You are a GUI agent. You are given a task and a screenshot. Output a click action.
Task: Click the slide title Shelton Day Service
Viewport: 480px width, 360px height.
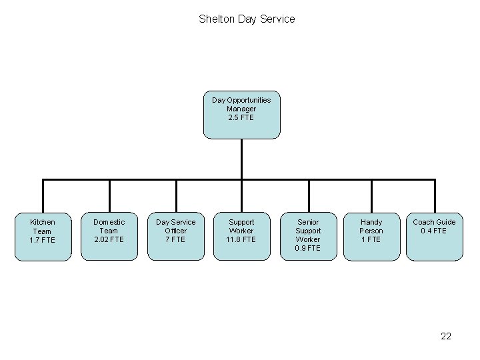click(x=247, y=19)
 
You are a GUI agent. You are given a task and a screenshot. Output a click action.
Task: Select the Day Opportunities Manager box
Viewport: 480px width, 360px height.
click(x=241, y=115)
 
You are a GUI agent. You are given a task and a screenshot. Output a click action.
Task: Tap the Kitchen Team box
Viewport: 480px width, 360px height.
click(x=43, y=236)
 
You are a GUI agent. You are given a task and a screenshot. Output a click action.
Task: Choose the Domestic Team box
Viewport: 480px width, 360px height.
click(x=109, y=236)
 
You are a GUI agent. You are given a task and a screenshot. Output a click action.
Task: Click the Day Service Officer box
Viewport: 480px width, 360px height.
click(x=175, y=236)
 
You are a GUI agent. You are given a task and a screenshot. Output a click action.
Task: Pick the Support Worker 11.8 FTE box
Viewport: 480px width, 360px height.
click(x=241, y=236)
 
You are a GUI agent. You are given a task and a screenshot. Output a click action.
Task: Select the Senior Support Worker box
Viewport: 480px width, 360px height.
click(x=308, y=236)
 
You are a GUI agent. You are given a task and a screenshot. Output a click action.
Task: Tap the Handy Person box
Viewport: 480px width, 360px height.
click(x=371, y=236)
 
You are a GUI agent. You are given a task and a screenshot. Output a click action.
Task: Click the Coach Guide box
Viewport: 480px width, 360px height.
click(x=434, y=236)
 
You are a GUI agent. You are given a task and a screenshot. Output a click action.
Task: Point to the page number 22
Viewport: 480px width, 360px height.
click(x=446, y=336)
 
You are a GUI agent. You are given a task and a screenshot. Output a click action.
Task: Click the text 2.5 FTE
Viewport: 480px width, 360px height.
click(x=241, y=118)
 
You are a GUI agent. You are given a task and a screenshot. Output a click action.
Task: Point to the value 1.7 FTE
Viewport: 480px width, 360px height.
click(x=43, y=240)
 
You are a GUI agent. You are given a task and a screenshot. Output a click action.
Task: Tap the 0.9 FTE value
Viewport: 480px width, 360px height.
click(x=308, y=248)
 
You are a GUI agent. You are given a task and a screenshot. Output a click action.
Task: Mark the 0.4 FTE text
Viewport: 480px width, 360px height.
click(x=434, y=231)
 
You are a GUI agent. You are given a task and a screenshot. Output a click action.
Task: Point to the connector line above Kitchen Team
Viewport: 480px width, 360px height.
click(x=43, y=196)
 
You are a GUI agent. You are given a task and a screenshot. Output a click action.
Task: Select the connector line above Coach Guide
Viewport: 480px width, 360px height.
click(x=435, y=196)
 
